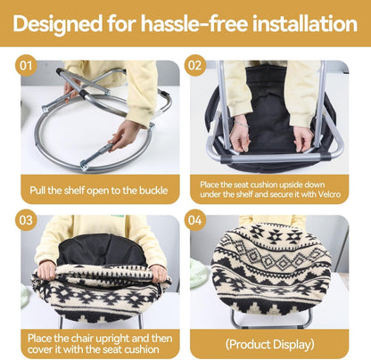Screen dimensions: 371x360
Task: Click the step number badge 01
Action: (26, 65)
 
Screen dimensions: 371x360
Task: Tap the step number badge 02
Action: (195, 65)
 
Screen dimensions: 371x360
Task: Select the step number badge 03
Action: (26, 220)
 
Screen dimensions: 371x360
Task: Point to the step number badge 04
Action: (195, 220)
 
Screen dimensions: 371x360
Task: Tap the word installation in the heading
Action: (305, 23)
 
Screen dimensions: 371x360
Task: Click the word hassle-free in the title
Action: (194, 23)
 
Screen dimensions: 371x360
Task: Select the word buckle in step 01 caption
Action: (153, 191)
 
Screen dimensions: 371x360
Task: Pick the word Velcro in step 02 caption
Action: (329, 194)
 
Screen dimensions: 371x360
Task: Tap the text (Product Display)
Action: (269, 345)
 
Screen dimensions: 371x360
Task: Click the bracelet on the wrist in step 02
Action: (242, 124)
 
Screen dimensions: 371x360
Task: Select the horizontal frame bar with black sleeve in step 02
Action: (276, 158)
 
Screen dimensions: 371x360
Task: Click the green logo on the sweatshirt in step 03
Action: (119, 216)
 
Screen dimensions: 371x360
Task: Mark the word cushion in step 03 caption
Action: (142, 349)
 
